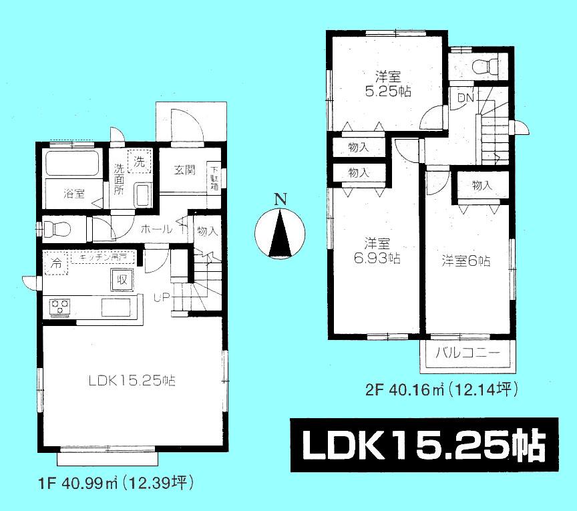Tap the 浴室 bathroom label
[74, 194]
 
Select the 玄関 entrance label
[185, 170]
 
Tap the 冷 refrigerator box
[57, 263]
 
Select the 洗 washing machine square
[139, 162]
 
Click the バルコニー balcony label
[467, 353]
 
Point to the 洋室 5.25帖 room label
[378, 84]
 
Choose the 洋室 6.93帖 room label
[377, 250]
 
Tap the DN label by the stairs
[465, 99]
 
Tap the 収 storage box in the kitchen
[121, 279]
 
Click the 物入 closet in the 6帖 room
[482, 186]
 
